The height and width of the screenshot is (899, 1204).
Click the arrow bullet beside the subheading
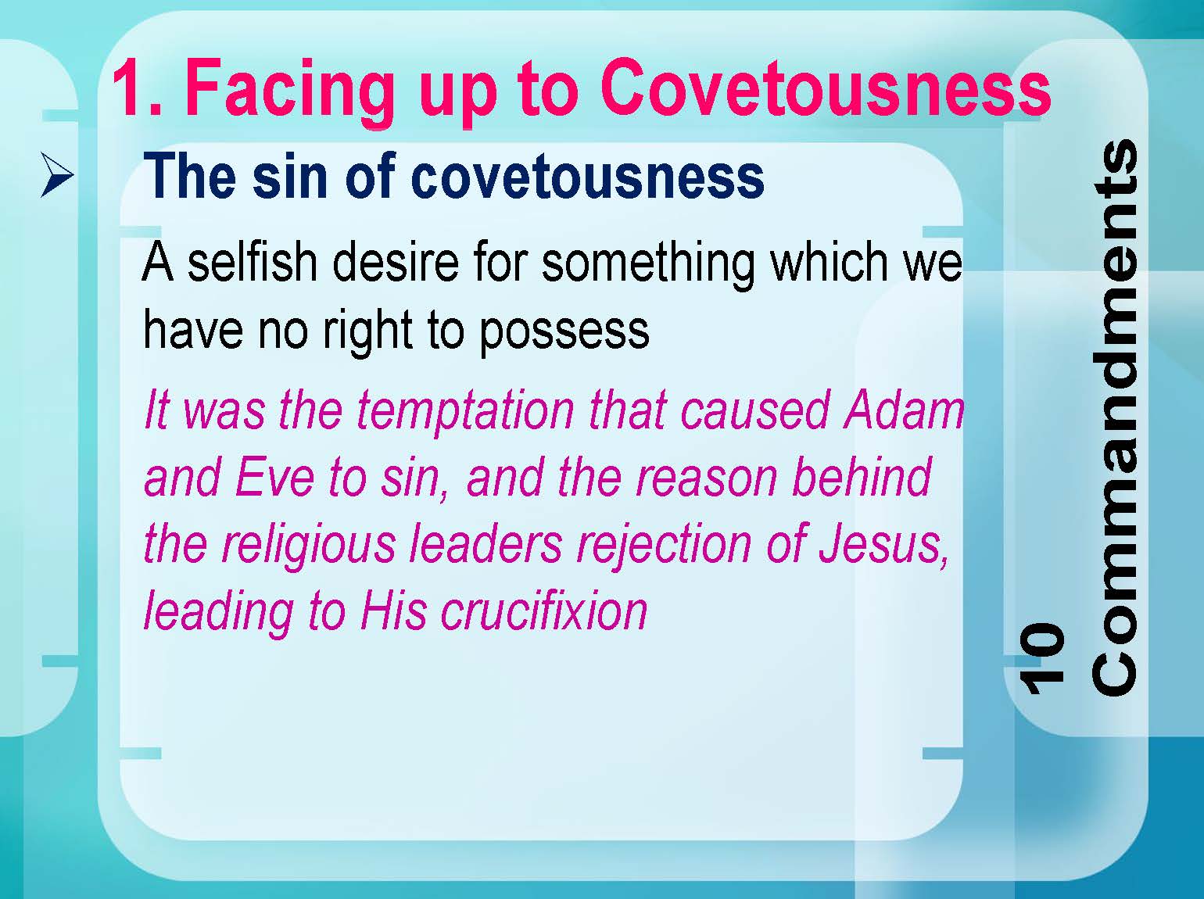[57, 175]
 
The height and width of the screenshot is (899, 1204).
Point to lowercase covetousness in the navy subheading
[587, 177]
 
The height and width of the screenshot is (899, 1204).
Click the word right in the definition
[367, 331]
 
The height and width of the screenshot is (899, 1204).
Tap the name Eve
[274, 477]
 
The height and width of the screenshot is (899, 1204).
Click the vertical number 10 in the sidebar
[1041, 658]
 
